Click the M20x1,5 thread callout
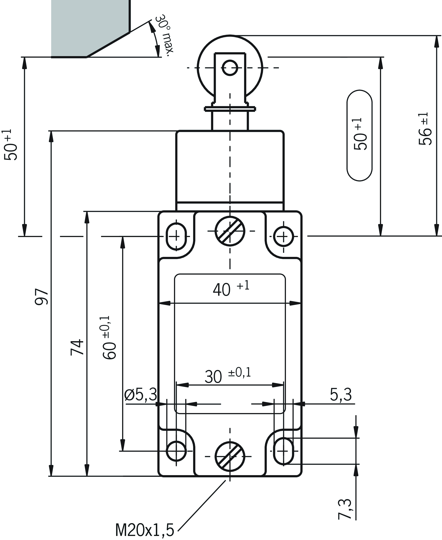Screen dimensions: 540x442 pos(144,530)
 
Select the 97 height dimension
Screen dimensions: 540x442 pos(42,297)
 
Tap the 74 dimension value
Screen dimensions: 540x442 pos(77,347)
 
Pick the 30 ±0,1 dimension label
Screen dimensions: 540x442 pos(227,376)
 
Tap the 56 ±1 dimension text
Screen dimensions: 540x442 pos(425,129)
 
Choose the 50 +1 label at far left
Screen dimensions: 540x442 pos(11,145)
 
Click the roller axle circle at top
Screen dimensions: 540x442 pos(230,68)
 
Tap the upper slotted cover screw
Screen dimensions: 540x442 pos(230,231)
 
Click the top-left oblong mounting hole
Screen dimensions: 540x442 pos(176,236)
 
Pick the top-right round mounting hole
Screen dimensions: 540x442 pos(283,236)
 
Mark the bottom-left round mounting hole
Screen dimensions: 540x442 pos(176,451)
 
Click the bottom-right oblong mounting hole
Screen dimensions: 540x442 pos(283,451)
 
